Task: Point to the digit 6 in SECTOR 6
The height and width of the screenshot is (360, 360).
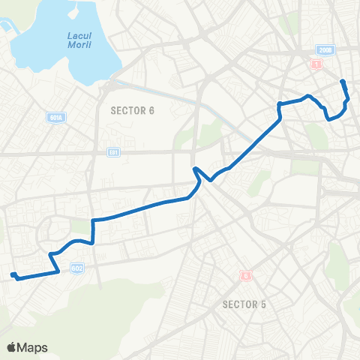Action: pyautogui.click(x=151, y=110)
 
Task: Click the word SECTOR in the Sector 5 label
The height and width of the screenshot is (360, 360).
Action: pyautogui.click(x=238, y=304)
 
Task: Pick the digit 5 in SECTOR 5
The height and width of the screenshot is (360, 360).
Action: pyautogui.click(x=263, y=304)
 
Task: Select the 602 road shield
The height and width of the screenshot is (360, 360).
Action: pyautogui.click(x=76, y=268)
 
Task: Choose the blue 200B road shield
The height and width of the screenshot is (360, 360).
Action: pyautogui.click(x=323, y=50)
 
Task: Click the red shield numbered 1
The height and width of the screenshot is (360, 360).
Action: pyautogui.click(x=317, y=65)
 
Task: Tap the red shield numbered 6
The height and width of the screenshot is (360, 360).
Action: pyautogui.click(x=244, y=275)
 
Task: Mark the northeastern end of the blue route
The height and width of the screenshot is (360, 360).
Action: pyautogui.click(x=343, y=81)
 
